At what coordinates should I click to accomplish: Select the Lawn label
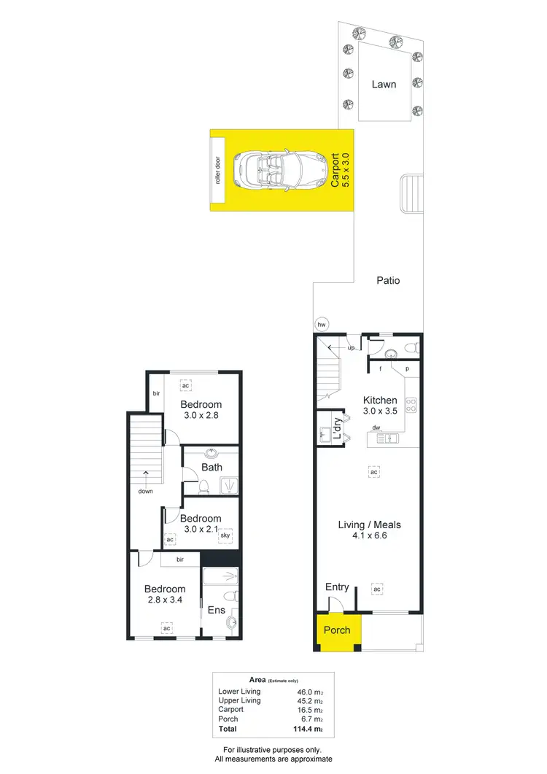tap(384, 84)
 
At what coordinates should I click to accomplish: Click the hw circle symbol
tap(320, 325)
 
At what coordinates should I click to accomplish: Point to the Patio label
tap(388, 280)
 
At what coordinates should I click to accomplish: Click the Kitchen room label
tap(380, 400)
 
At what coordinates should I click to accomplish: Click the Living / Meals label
tap(369, 525)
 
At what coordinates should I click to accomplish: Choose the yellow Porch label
tap(337, 630)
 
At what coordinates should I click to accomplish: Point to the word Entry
tap(337, 587)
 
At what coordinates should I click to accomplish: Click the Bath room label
tap(212, 468)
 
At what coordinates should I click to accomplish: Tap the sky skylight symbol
tap(226, 534)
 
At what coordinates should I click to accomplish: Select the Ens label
tap(217, 611)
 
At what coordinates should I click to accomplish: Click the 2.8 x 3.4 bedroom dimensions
tap(164, 601)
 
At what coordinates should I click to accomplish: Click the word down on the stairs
tap(147, 491)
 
